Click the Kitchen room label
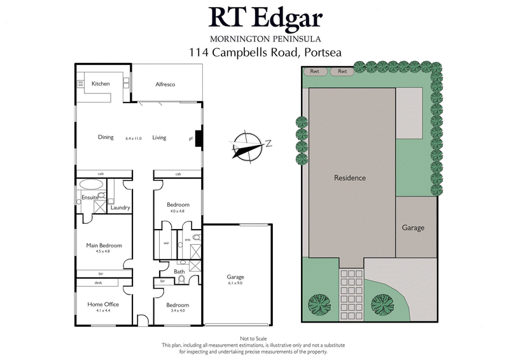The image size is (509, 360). tap(101, 84)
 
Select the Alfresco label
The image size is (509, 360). tap(165, 85)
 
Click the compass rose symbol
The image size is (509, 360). tap(246, 145)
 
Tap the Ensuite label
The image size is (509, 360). tap(90, 198)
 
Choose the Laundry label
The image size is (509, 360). tap(120, 208)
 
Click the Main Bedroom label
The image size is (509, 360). tap(104, 246)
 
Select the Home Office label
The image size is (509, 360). tap(103, 305)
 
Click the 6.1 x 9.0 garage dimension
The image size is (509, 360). tap(236, 284)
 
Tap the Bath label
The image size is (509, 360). tap(179, 272)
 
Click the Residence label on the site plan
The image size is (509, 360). tap(350, 178)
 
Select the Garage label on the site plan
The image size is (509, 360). tap(413, 228)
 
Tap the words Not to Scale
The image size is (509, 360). tap(254, 339)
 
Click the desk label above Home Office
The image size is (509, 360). tap(99, 283)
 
